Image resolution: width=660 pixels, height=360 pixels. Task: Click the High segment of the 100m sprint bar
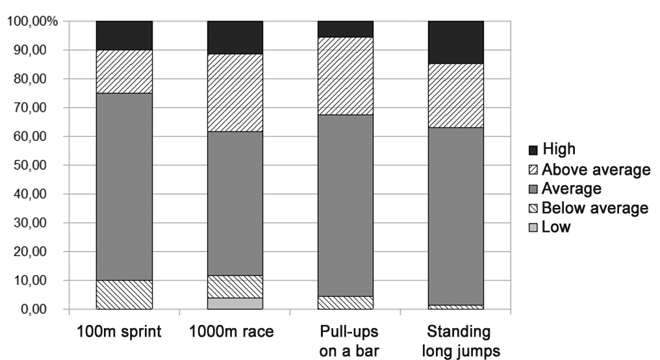124,35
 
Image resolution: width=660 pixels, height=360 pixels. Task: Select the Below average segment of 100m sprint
124,294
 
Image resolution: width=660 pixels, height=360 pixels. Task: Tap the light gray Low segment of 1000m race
235,303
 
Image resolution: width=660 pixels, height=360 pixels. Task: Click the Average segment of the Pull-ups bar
346,205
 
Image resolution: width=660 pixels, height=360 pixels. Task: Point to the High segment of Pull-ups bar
346,29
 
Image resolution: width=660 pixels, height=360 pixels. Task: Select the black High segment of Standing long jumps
456,42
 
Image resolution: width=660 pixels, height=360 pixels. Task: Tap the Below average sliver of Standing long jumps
456,307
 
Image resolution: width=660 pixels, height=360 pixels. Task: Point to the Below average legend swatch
535,209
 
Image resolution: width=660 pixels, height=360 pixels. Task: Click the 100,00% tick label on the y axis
33,21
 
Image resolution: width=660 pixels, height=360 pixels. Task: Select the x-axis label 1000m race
232,332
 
